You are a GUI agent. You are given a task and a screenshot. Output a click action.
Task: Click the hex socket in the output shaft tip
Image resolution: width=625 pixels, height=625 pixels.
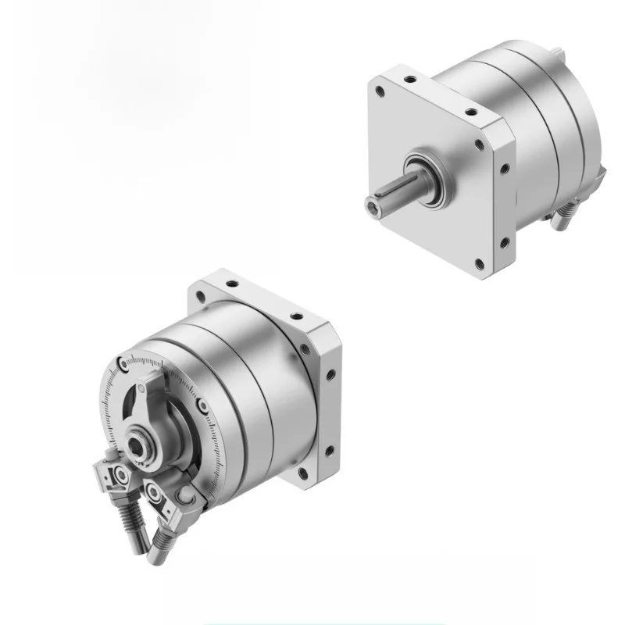371,206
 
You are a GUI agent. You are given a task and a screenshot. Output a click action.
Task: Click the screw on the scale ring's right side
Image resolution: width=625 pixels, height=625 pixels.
203,405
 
